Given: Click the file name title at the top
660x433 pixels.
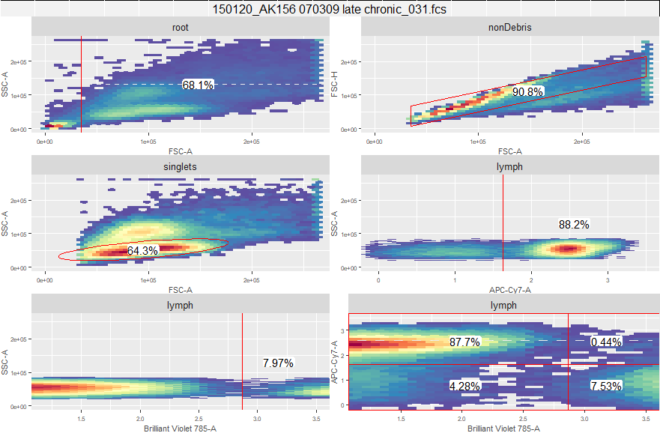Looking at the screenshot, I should pos(330,10).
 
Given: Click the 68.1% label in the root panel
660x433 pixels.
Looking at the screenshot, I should pos(198,85).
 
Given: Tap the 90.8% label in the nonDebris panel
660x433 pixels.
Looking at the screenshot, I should pos(527,91).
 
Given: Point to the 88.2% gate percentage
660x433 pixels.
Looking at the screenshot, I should pos(574,224).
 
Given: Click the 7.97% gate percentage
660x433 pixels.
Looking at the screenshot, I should pos(278,363).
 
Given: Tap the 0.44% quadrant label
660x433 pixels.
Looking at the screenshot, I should pos(606,342).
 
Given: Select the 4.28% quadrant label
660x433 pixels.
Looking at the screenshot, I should pos(464,386).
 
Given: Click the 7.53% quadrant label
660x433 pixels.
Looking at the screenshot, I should pos(606,386).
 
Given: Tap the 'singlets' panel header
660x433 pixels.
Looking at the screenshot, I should pos(180,166).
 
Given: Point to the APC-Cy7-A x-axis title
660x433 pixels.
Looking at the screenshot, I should pos(509,290).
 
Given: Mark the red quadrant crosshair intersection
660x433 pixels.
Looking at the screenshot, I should pos(569,365).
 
